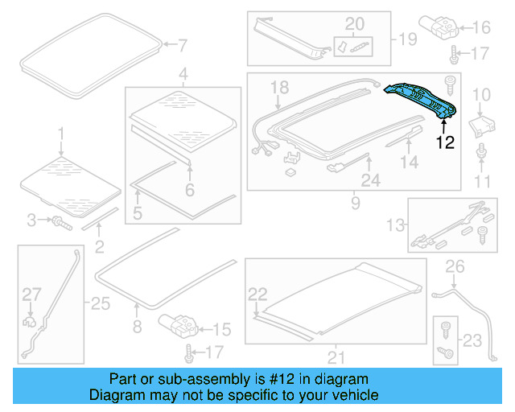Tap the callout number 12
(x=445, y=143)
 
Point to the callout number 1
(x=60, y=131)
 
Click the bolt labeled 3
(x=60, y=221)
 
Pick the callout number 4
(x=183, y=76)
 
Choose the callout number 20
(x=355, y=23)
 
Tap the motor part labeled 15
(x=179, y=325)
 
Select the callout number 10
(x=480, y=96)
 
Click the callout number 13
(x=395, y=223)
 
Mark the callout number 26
(x=455, y=266)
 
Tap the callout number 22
(x=257, y=294)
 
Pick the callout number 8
(x=137, y=328)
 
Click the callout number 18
(x=278, y=87)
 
